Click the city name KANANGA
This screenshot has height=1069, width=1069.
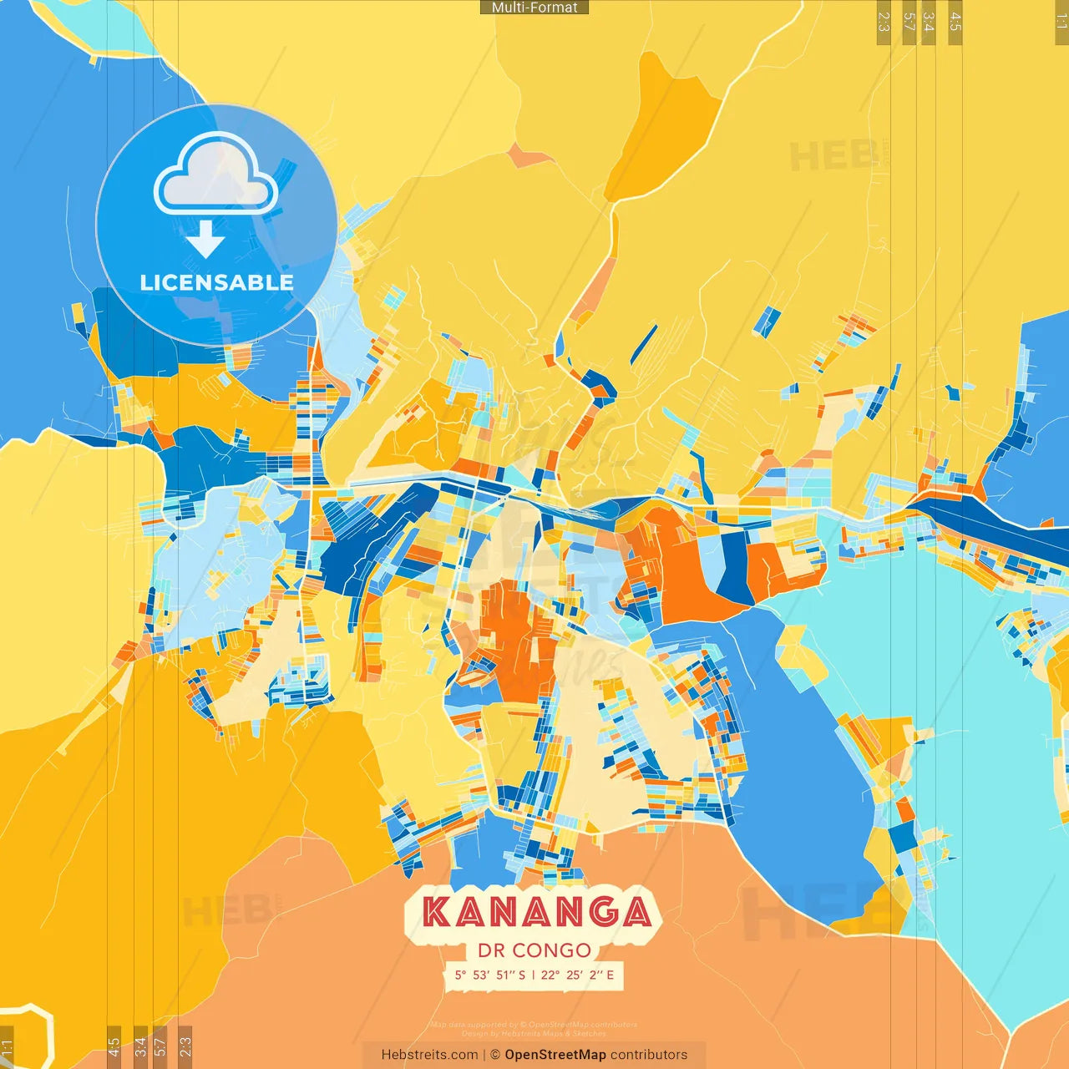tap(536, 912)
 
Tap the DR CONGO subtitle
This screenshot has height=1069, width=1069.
tap(534, 950)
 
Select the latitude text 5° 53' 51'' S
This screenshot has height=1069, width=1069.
tap(490, 975)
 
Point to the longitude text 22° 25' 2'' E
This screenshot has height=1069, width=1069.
tap(577, 975)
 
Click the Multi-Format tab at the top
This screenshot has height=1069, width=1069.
tap(534, 8)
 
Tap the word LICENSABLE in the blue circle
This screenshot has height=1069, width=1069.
tap(216, 282)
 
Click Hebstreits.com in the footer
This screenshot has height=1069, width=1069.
tap(429, 1055)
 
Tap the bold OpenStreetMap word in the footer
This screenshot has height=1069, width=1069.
tap(555, 1055)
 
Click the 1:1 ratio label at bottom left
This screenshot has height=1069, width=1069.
tap(7, 1047)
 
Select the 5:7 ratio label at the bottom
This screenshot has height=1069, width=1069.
tap(160, 1046)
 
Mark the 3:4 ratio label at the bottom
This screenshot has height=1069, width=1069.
tap(140, 1046)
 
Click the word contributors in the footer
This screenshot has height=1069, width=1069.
tap(648, 1055)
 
